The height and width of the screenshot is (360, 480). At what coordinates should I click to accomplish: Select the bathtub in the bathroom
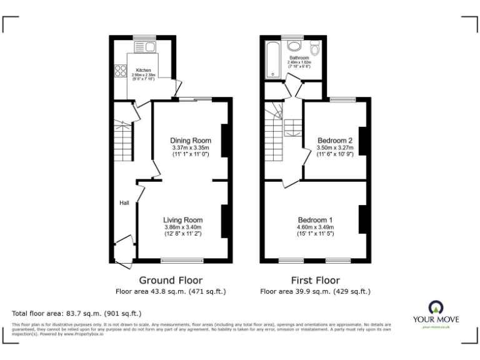tap(272, 61)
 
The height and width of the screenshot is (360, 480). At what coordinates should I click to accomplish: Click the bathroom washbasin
tap(295, 45)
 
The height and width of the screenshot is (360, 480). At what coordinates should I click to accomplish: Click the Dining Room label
tap(191, 140)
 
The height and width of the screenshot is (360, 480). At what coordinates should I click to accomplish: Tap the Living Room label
tap(183, 220)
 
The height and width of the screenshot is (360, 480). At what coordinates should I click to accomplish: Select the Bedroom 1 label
tap(314, 220)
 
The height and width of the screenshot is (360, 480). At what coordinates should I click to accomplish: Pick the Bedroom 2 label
tap(335, 140)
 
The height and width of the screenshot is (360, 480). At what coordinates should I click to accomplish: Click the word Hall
tap(124, 202)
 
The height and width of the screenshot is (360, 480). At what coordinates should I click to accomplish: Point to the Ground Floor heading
tap(170, 280)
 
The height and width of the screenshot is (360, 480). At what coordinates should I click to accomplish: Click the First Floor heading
tap(315, 280)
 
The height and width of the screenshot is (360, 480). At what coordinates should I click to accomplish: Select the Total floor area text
tap(77, 312)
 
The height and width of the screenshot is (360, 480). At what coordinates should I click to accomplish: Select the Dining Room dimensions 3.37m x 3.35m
tap(191, 147)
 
